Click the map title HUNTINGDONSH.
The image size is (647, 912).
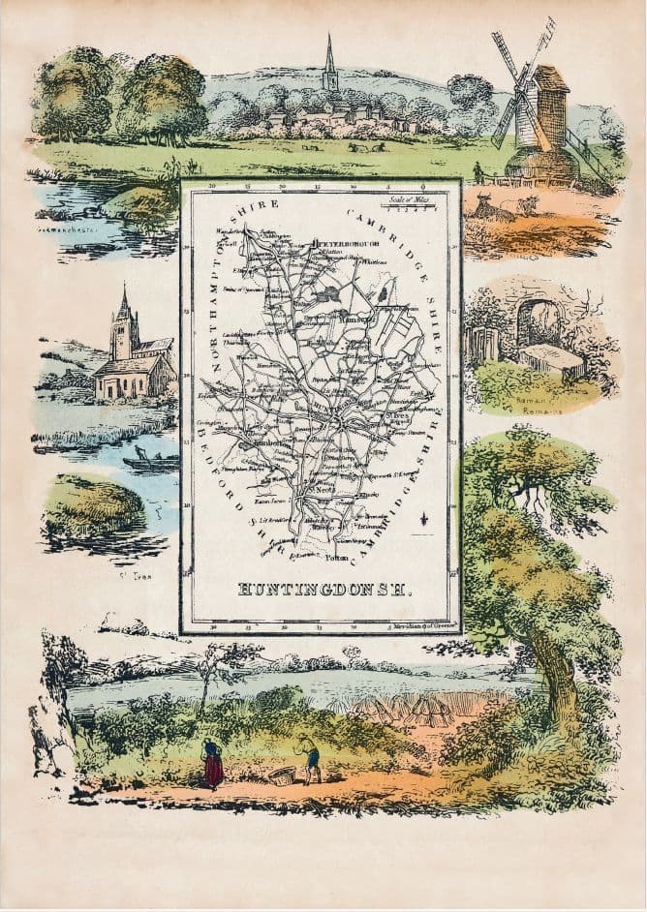(x=324, y=588)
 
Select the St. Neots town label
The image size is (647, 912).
(x=325, y=491)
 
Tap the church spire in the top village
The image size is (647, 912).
(x=330, y=64)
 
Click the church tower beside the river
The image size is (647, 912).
(x=123, y=329)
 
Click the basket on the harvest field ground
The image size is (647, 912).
(x=282, y=775)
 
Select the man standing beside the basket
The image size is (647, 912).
(x=310, y=758)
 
